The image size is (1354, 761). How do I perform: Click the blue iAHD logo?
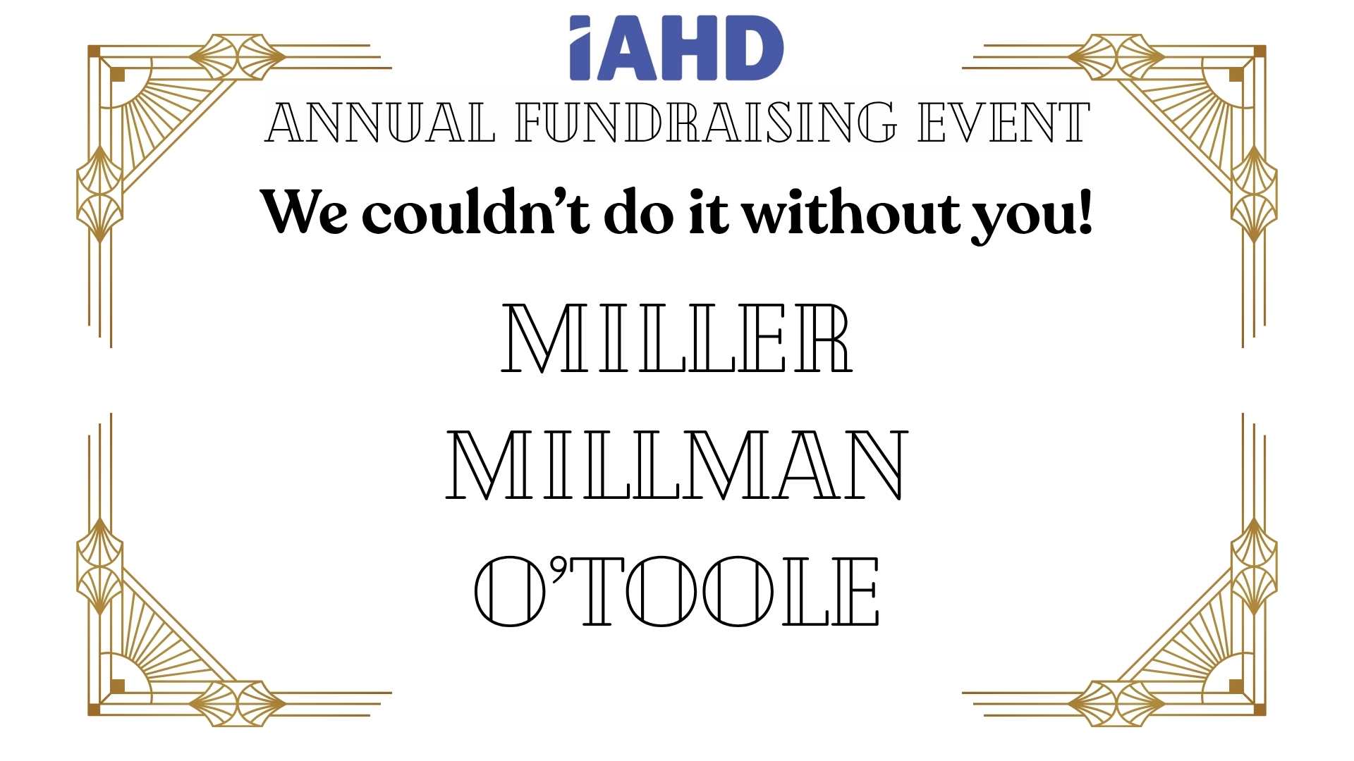click(676, 48)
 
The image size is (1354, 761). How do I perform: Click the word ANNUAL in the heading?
click(379, 123)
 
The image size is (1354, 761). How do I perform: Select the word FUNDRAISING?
click(706, 123)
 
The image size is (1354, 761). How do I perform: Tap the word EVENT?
click(1004, 123)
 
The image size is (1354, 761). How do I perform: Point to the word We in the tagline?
click(304, 211)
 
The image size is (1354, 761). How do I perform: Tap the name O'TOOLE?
click(677, 592)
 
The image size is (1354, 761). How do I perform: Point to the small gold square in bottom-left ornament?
click(117, 686)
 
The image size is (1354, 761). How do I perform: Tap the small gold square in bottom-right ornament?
click(1236, 686)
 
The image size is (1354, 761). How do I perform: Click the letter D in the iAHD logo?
click(754, 48)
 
